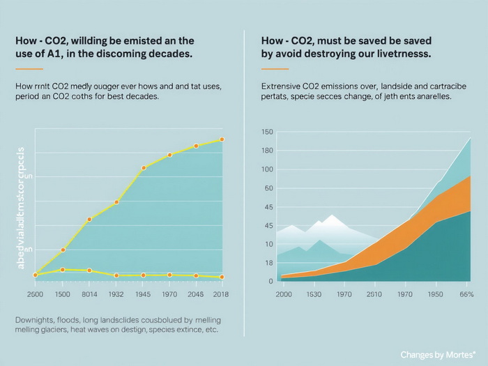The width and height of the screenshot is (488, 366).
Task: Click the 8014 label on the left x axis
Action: (89, 294)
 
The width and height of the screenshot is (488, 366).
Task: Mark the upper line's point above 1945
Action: (144, 168)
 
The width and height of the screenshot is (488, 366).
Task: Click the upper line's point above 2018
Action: (222, 139)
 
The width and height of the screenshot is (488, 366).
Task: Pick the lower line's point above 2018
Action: (222, 277)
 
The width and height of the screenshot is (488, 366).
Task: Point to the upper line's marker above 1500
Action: (63, 250)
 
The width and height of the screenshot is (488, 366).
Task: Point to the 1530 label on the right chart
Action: (314, 294)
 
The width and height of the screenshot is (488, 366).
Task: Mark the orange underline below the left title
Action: (29, 69)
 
